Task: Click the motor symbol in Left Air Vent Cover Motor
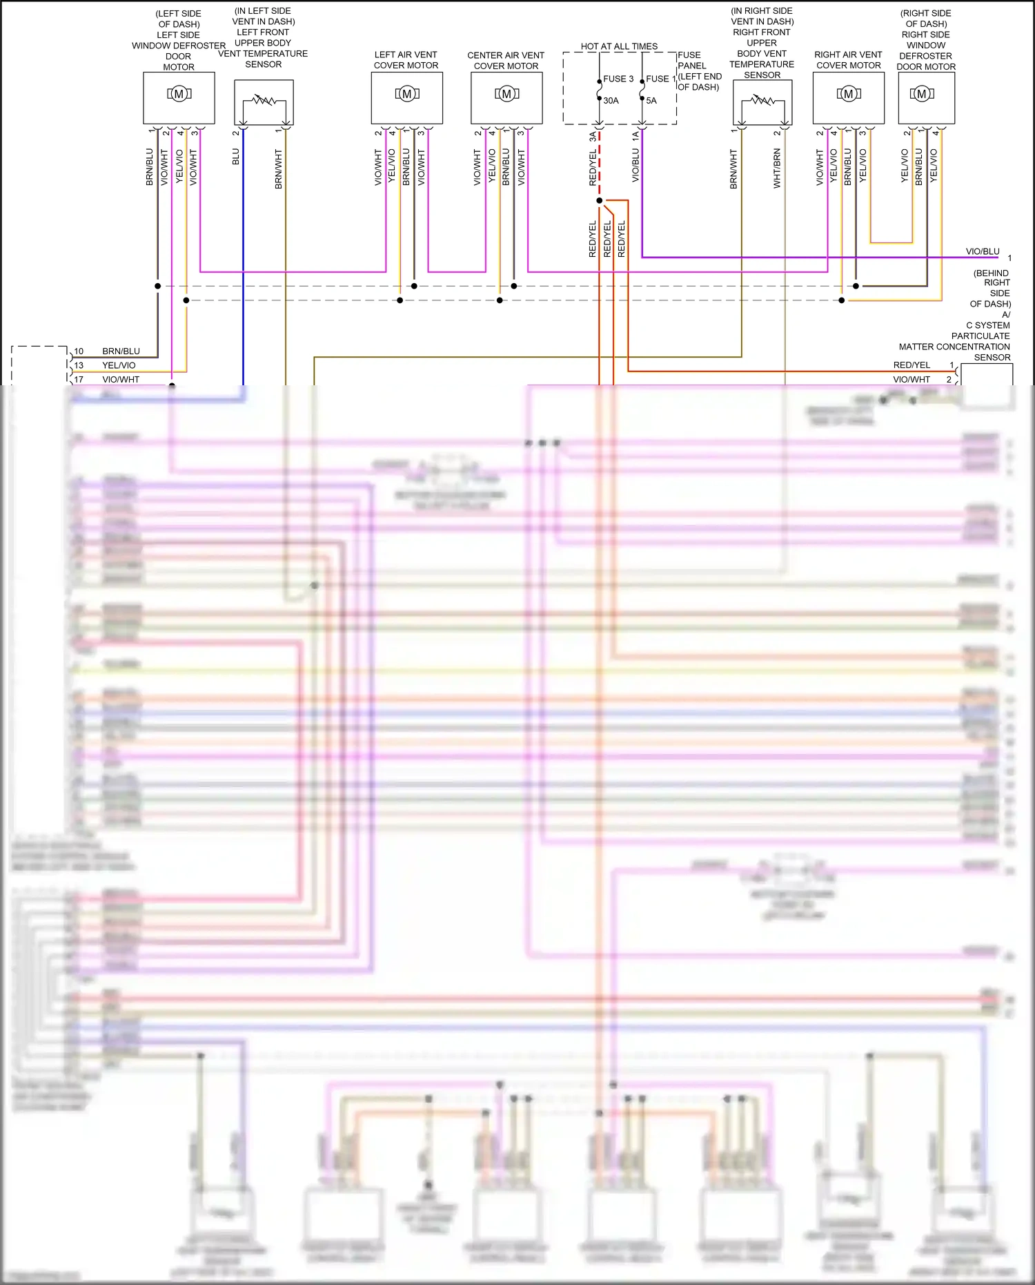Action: point(407,94)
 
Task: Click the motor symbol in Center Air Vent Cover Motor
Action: point(506,94)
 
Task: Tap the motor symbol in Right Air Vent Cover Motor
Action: point(849,94)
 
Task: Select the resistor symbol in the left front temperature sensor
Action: point(264,101)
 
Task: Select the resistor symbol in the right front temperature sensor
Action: point(762,101)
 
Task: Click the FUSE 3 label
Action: point(618,79)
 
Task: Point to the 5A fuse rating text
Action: point(651,101)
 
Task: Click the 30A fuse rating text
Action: point(611,101)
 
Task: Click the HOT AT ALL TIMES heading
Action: point(619,46)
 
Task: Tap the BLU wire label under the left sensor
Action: point(236,157)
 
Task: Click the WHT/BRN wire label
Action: point(777,168)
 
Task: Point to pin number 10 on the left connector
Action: point(79,351)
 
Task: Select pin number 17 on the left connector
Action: point(79,380)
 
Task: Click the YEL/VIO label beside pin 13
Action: point(119,365)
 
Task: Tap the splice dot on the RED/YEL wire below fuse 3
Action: point(599,201)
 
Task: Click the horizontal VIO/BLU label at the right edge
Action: point(983,251)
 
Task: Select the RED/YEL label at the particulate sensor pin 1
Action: point(911,365)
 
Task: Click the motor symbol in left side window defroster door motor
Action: point(179,94)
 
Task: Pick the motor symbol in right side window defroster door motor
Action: point(921,94)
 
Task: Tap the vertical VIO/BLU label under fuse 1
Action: point(635,166)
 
